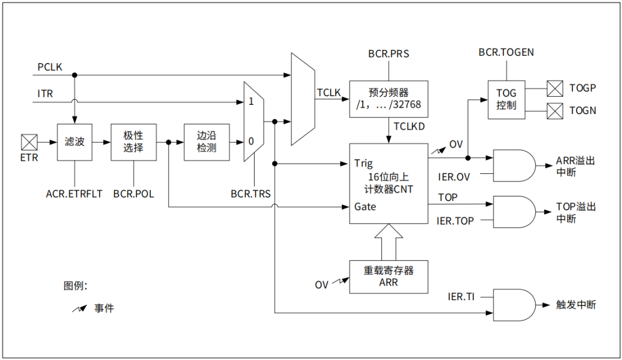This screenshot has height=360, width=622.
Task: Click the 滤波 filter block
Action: click(x=74, y=142)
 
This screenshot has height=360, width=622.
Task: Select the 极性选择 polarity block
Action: click(x=133, y=142)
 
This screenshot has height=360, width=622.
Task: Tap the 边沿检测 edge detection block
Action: click(x=206, y=142)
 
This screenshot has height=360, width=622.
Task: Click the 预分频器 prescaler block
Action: click(x=388, y=99)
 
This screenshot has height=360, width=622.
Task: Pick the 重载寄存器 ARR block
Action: click(x=388, y=276)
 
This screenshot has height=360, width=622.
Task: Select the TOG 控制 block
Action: click(x=506, y=100)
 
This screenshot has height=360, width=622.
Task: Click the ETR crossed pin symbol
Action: click(x=29, y=142)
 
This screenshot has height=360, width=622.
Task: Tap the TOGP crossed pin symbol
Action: click(x=555, y=89)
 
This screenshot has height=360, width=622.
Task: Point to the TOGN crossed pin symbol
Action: click(x=555, y=111)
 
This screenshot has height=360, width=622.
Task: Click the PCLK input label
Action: click(x=50, y=67)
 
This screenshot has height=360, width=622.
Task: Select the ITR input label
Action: click(x=45, y=94)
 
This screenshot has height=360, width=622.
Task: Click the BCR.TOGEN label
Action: click(x=506, y=52)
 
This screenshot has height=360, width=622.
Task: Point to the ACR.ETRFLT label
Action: click(x=74, y=194)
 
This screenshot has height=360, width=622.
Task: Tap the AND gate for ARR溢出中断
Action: click(x=514, y=165)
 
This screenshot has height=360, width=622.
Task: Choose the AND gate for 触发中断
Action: click(x=514, y=305)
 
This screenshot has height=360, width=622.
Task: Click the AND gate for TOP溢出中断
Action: click(x=514, y=211)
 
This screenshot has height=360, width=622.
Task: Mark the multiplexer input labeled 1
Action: click(x=251, y=101)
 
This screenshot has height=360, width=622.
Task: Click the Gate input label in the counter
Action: click(x=365, y=206)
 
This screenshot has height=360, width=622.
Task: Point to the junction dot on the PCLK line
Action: click(x=74, y=75)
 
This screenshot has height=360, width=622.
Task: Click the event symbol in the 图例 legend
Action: click(x=79, y=308)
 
